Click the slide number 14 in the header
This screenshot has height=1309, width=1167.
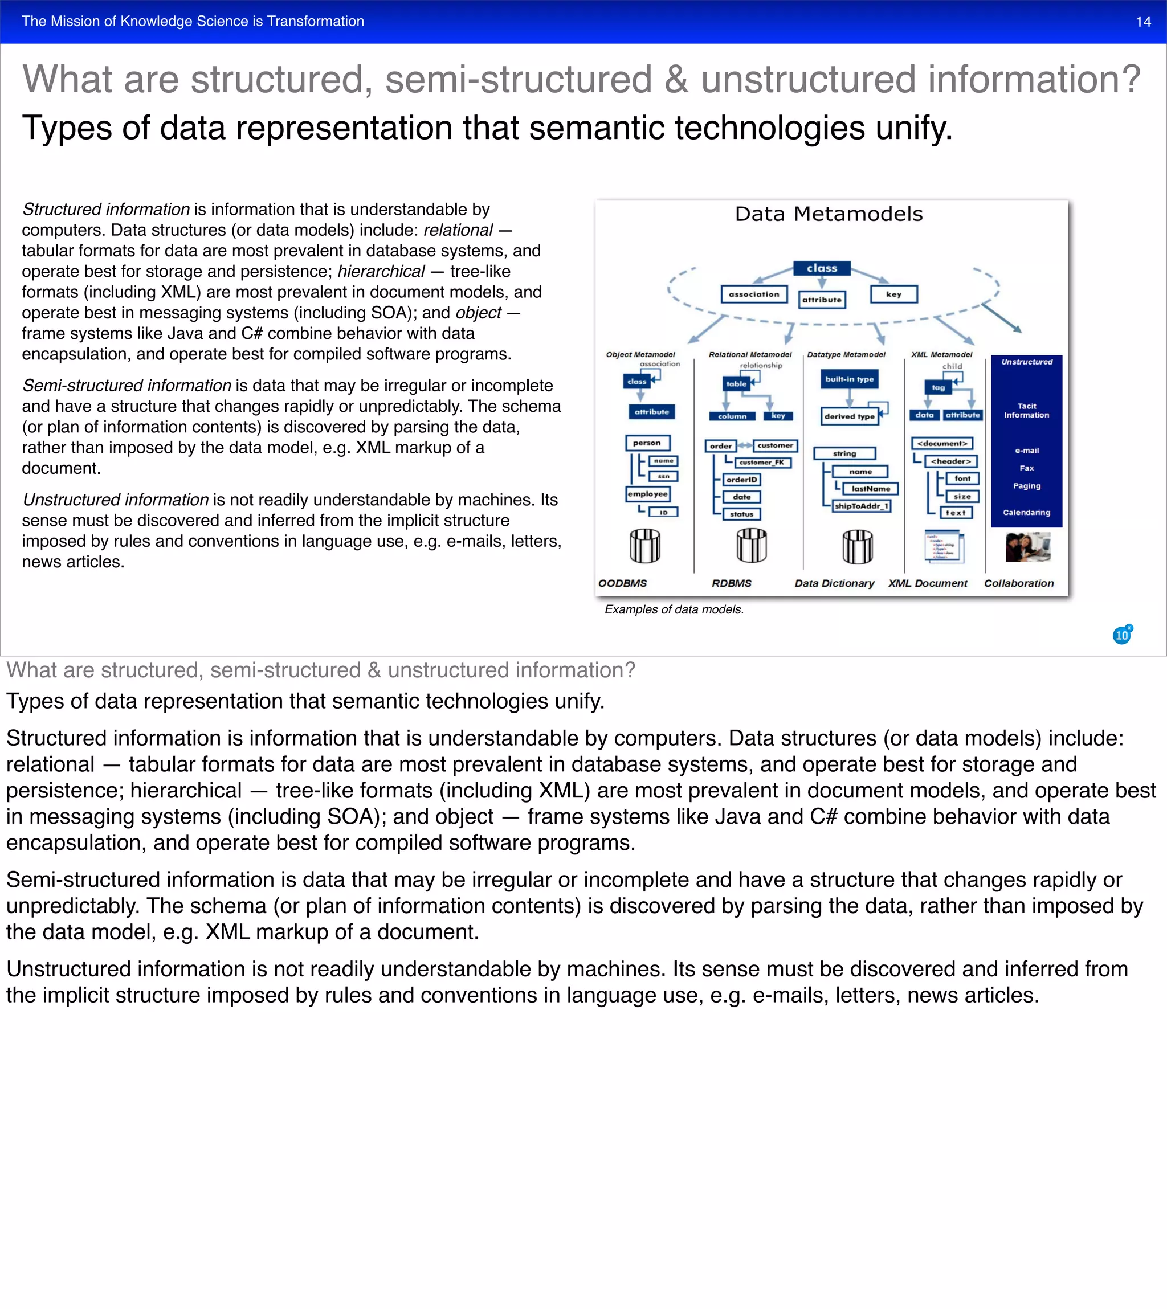(1142, 22)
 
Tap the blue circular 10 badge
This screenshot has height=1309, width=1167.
(1122, 635)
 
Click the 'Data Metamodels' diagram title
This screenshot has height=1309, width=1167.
(829, 214)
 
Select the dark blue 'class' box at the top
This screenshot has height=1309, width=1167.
(821, 268)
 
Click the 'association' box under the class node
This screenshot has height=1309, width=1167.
(753, 294)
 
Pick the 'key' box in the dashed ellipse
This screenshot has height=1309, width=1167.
(893, 294)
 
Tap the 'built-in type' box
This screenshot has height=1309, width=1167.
(849, 379)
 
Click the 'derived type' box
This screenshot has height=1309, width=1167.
(849, 416)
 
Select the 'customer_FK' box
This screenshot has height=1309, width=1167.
(761, 462)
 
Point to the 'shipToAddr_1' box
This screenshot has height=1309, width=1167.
(861, 506)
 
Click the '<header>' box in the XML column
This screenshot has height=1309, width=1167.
(950, 461)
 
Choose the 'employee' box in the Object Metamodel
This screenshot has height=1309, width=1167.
(648, 494)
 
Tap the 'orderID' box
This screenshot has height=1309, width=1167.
(741, 480)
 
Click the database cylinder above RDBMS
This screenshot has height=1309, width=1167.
(752, 546)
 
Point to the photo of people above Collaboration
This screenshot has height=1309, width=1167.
(1027, 547)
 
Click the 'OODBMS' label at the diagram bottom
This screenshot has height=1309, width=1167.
(622, 583)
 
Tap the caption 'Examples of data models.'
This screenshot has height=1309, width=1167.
(674, 609)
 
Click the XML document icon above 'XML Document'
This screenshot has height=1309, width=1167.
(944, 546)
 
